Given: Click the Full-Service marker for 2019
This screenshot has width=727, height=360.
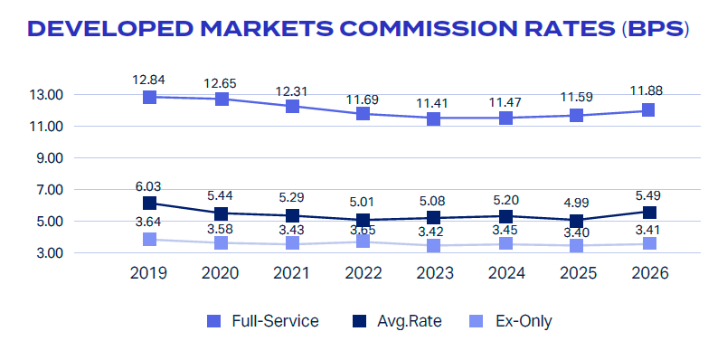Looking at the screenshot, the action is click(149, 97).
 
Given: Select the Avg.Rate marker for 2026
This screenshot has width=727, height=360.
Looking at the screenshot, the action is click(649, 213).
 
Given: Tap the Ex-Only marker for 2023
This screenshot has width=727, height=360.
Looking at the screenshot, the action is click(433, 245).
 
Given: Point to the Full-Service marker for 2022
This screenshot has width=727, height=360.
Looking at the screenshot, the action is click(363, 113).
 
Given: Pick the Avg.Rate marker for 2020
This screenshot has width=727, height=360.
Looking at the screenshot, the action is click(222, 213).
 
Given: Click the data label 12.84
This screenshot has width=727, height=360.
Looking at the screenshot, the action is click(149, 80).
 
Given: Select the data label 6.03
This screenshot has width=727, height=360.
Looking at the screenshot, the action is click(149, 186).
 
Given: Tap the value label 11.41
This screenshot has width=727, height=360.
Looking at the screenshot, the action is click(433, 103).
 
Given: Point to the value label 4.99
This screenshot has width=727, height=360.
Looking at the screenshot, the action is click(576, 204).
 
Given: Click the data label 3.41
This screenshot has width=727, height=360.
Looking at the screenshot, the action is click(650, 229).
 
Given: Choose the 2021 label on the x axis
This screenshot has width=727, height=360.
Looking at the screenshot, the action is click(291, 273).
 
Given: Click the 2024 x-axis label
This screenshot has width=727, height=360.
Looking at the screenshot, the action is click(506, 273).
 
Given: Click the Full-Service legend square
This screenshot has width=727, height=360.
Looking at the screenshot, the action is click(213, 321).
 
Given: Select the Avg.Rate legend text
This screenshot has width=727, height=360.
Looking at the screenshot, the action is click(410, 321).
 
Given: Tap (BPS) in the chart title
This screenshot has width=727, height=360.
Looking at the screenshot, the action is click(656, 29).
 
